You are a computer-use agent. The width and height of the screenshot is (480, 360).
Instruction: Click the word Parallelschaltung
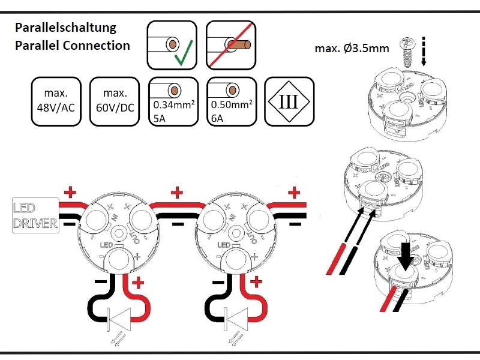[x=65, y=28]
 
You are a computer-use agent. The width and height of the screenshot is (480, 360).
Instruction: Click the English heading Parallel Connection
[x=72, y=46]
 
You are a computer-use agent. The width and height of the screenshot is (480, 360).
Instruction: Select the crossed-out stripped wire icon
[x=230, y=45]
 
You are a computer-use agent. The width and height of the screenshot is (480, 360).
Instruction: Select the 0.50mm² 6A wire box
[x=230, y=101]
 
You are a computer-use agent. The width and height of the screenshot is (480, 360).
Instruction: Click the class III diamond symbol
[x=289, y=101]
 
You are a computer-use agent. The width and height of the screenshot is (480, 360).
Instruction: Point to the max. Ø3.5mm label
[x=351, y=47]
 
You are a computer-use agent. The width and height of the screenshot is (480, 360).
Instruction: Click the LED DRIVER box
[x=35, y=216]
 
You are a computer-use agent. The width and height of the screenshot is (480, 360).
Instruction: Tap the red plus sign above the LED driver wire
[x=71, y=193]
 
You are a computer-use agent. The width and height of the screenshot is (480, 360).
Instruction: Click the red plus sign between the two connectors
[x=177, y=193]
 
